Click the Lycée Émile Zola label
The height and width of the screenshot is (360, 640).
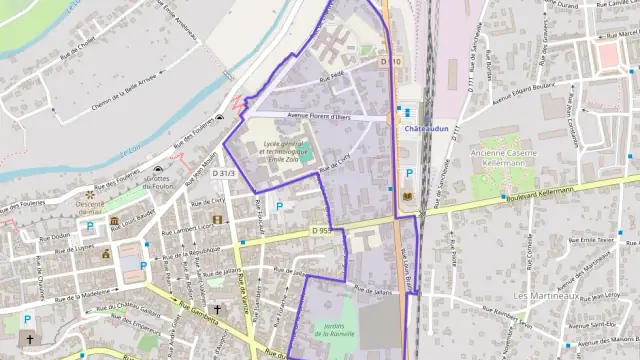click(x=288, y=151)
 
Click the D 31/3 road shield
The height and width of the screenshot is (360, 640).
click(x=224, y=173)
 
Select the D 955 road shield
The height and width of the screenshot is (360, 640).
click(x=320, y=231)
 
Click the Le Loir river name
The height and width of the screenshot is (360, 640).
click(x=128, y=150)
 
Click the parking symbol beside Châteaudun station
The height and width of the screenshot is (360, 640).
click(x=409, y=173)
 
